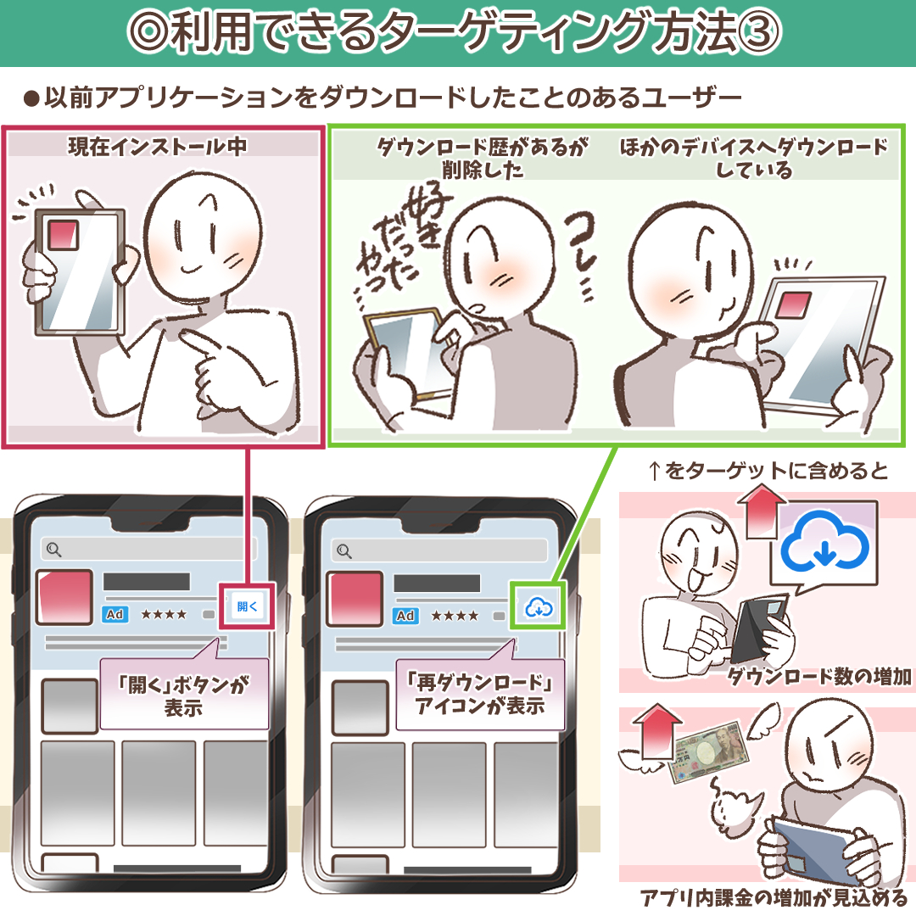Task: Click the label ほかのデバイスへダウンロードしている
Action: (753, 158)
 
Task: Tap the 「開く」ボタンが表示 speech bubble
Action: (184, 695)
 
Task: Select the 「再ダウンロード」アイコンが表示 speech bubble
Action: (480, 695)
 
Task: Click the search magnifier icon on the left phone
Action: (53, 550)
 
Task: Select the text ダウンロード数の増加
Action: (819, 676)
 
